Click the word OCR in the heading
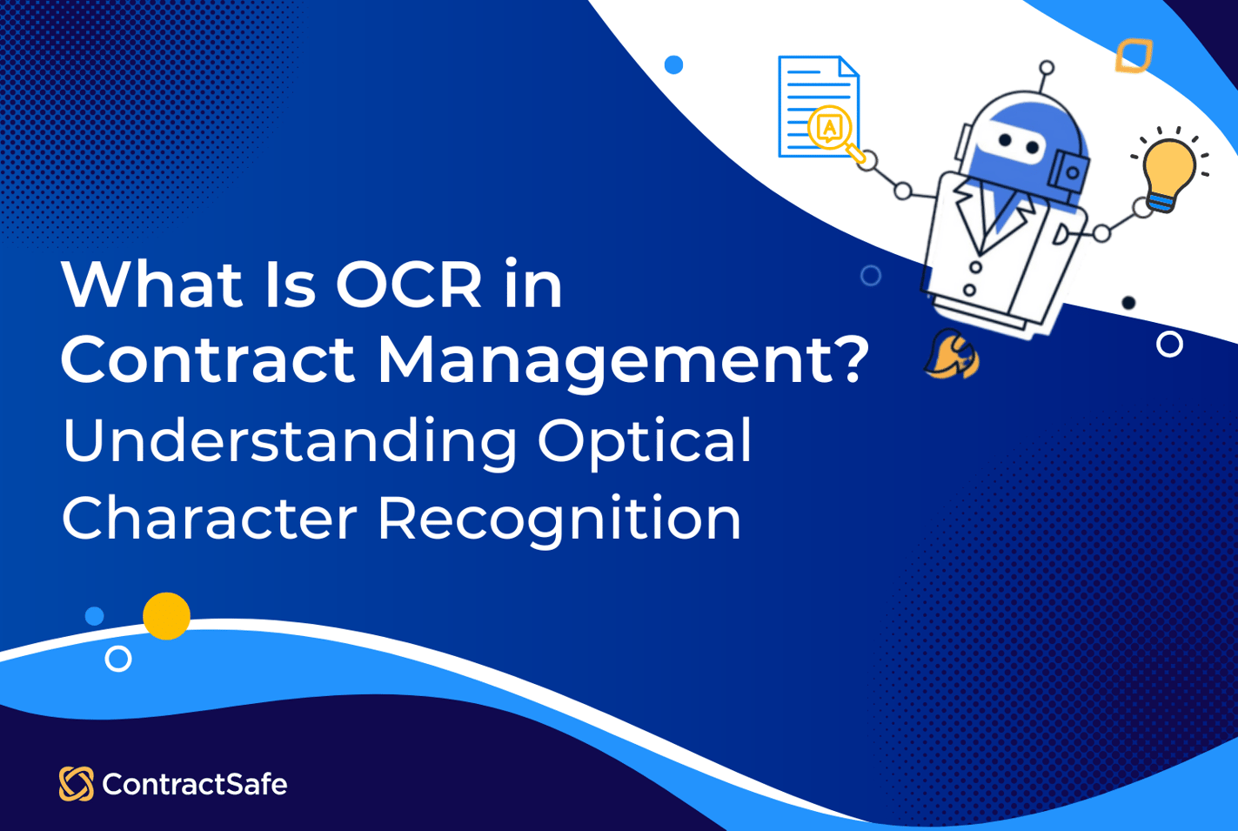pyautogui.click(x=409, y=285)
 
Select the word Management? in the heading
pyautogui.click(x=623, y=359)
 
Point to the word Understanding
pyautogui.click(x=290, y=440)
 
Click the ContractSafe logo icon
pyautogui.click(x=76, y=784)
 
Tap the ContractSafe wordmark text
pyautogui.click(x=195, y=785)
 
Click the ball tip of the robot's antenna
pyautogui.click(x=1047, y=67)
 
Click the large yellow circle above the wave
pyautogui.click(x=166, y=616)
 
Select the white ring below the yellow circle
pyautogui.click(x=118, y=659)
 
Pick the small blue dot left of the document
pyautogui.click(x=673, y=64)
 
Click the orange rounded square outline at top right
pyautogui.click(x=1134, y=55)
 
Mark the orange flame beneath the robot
pyautogui.click(x=952, y=355)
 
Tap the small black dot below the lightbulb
pyautogui.click(x=1128, y=303)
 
